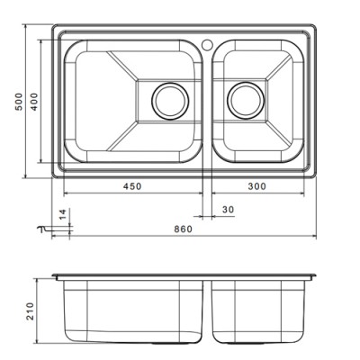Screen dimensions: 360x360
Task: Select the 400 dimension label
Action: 34,103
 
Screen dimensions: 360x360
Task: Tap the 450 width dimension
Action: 132,187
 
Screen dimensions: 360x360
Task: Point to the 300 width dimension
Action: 258,187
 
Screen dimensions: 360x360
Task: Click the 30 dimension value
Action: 227,210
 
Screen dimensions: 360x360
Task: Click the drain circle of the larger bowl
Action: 167,101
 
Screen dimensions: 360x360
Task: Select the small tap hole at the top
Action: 207,42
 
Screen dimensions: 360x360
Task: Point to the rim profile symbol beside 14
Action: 42,229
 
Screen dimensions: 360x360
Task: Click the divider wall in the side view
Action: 209,310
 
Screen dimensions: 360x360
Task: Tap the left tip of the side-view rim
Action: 52,274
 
